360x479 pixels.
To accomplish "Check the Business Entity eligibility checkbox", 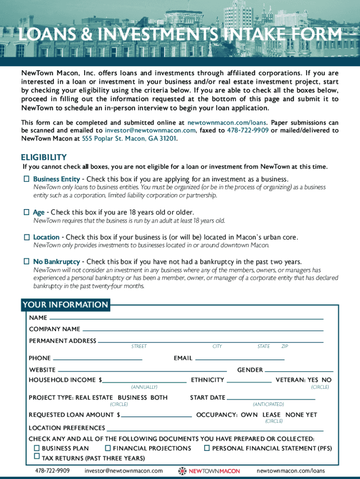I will click(x=27, y=179).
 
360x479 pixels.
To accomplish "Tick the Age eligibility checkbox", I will click(x=27, y=212).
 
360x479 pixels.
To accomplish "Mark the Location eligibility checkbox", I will click(x=27, y=238).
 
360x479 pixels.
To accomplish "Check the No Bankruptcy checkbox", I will click(x=27, y=261).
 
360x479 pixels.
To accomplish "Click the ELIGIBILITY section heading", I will click(x=44, y=157).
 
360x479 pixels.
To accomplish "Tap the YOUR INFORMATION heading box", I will click(x=65, y=305).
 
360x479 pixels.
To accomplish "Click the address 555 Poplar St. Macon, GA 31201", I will click(x=130, y=139).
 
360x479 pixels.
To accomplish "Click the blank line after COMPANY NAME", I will click(x=203, y=329).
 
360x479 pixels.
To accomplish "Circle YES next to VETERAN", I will click(x=313, y=380).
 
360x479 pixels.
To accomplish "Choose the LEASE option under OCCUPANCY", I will click(x=272, y=415).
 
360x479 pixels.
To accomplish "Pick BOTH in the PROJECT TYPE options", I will click(x=158, y=398).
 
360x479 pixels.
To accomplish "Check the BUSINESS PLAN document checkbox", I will click(x=36, y=448).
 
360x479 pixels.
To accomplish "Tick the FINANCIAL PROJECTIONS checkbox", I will click(x=108, y=448).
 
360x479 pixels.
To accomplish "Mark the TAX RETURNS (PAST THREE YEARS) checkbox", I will click(x=36, y=457).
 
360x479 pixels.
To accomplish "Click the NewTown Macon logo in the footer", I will click(x=209, y=471).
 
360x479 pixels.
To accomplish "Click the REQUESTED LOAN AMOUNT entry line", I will click(x=157, y=415).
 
